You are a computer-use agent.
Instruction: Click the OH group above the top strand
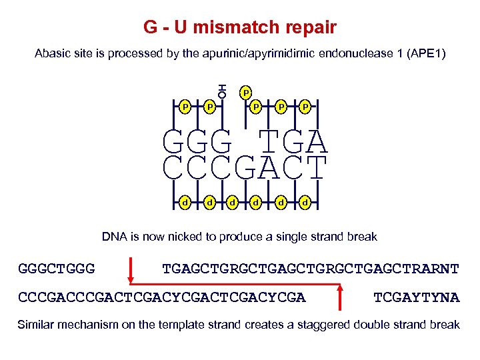(x=222, y=91)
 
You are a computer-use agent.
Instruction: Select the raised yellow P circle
(x=245, y=91)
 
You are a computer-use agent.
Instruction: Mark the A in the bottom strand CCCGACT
(x=269, y=168)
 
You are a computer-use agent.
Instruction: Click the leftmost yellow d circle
(x=185, y=201)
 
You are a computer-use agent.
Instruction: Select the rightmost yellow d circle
(x=305, y=201)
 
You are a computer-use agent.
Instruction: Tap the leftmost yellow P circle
(x=185, y=106)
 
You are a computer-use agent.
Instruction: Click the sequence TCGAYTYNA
(x=417, y=297)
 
